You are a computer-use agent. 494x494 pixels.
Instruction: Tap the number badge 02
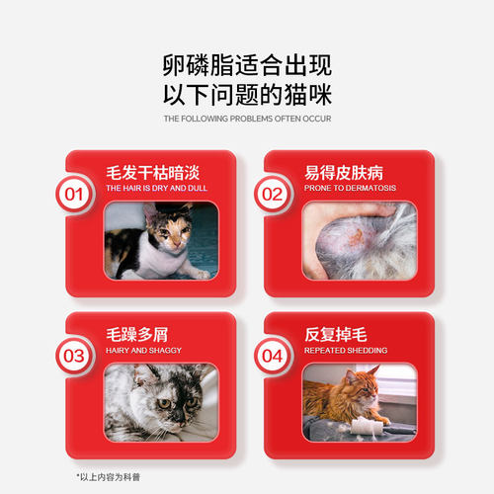click(x=272, y=194)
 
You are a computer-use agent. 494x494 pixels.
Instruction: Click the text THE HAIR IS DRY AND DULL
click(x=150, y=187)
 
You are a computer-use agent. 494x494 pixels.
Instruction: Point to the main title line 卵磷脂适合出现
click(x=247, y=66)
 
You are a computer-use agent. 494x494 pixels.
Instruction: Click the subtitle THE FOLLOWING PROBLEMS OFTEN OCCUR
click(x=247, y=119)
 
